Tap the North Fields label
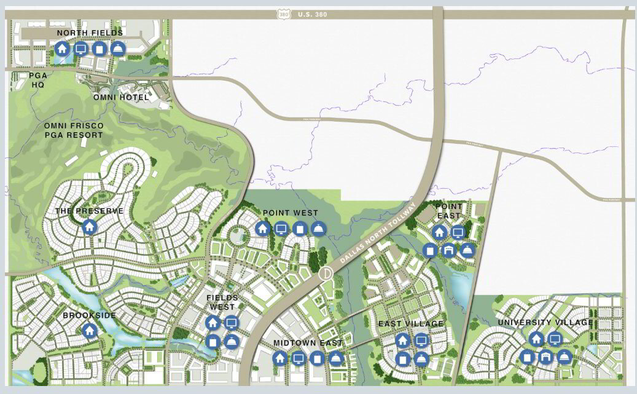tap(90, 33)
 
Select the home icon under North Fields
tap(61, 49)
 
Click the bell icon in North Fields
tap(118, 49)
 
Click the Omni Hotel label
tap(121, 97)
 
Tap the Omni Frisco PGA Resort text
tap(74, 130)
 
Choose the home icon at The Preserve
tap(90, 227)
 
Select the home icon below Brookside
tap(90, 331)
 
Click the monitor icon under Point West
tap(281, 229)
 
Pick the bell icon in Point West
tap(318, 229)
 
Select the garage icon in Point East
tap(448, 250)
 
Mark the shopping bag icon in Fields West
tap(213, 341)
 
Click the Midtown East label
tap(308, 342)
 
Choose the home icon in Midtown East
tap(280, 358)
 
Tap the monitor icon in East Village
tap(421, 340)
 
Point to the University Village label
tap(545, 323)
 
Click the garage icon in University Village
tap(545, 357)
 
